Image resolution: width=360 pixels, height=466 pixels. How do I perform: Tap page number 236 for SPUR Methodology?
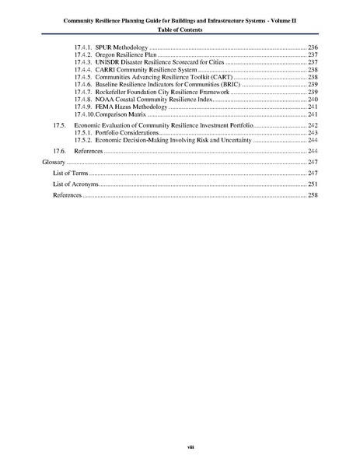coord(313,48)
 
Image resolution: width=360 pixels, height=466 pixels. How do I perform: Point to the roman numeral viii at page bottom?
coord(180,447)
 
